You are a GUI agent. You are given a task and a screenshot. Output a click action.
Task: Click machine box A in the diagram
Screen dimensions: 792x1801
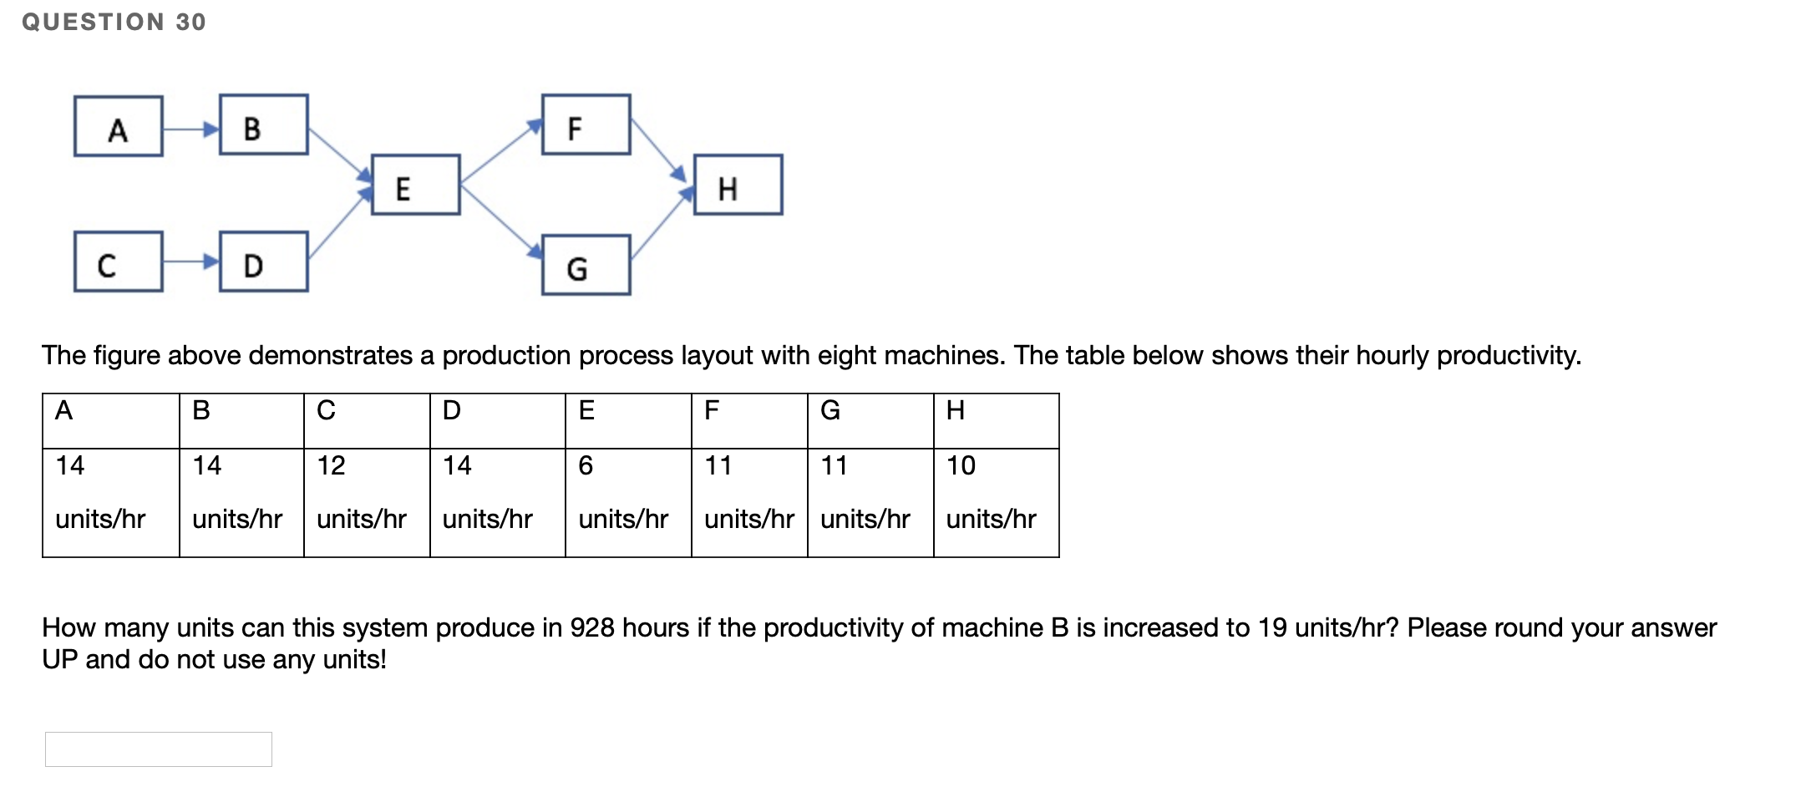pyautogui.click(x=118, y=126)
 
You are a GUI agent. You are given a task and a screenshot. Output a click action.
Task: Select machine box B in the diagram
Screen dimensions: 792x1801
pyautogui.click(x=264, y=124)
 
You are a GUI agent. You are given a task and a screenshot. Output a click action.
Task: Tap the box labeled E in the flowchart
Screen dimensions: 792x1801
pyautogui.click(x=415, y=185)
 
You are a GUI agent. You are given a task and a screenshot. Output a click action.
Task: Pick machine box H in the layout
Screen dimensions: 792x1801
pyautogui.click(x=738, y=185)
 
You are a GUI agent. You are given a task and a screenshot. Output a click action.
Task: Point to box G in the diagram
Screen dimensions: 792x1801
pyautogui.click(x=586, y=265)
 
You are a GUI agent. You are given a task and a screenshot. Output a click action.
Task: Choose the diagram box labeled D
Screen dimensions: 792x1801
pyautogui.click(x=264, y=261)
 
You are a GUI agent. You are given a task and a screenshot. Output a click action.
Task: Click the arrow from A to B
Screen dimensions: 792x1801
pyautogui.click(x=190, y=129)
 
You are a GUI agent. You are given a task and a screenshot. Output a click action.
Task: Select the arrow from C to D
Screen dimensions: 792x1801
pyautogui.click(x=190, y=261)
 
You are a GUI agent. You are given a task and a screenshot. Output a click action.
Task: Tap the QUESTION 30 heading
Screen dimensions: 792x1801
pyautogui.click(x=114, y=22)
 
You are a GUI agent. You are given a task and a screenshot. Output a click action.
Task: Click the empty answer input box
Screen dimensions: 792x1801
pyautogui.click(x=159, y=749)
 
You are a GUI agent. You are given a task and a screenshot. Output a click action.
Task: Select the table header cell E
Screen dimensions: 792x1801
pyautogui.click(x=586, y=410)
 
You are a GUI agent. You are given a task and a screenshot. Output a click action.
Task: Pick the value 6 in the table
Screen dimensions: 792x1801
pyautogui.click(x=586, y=465)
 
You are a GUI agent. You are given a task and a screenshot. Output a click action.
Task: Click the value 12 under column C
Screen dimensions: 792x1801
pyautogui.click(x=331, y=465)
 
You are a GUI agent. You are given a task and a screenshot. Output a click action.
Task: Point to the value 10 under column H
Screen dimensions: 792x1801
pyautogui.click(x=961, y=465)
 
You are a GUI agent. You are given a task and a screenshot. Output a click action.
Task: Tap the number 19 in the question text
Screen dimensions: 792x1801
pyautogui.click(x=1272, y=627)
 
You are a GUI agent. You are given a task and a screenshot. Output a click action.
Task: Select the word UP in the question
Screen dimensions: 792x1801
pyautogui.click(x=60, y=660)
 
